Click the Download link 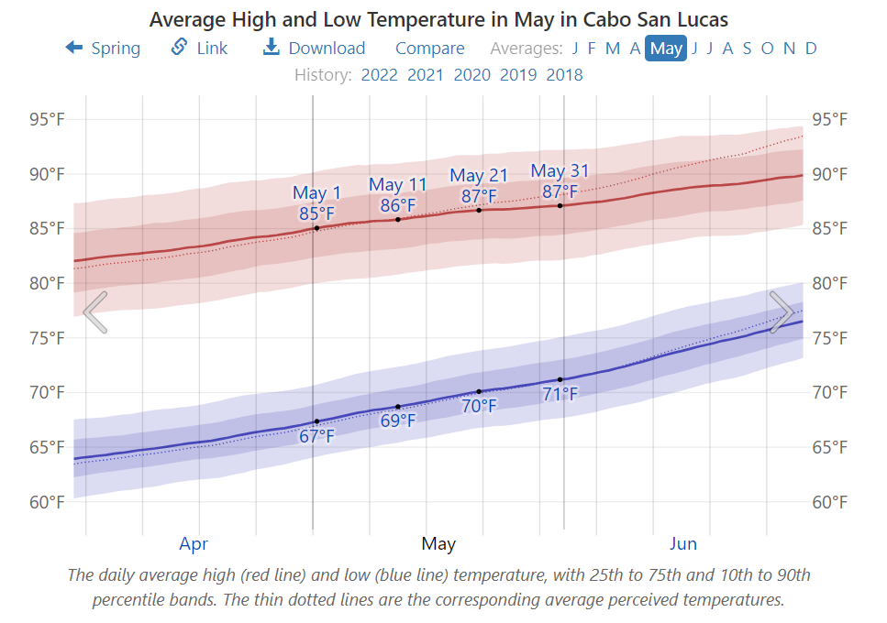[315, 49]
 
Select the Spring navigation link [103, 49]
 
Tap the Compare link [429, 49]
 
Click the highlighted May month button [666, 49]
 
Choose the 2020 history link [471, 75]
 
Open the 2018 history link [563, 75]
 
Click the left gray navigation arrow [95, 312]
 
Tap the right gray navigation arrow [782, 312]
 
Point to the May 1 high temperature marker [316, 227]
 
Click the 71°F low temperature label [560, 395]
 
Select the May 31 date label [560, 171]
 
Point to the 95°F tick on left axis [46, 119]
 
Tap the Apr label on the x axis [194, 544]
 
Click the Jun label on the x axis [683, 544]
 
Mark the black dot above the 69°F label [398, 407]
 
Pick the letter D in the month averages [811, 49]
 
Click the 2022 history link [379, 75]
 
